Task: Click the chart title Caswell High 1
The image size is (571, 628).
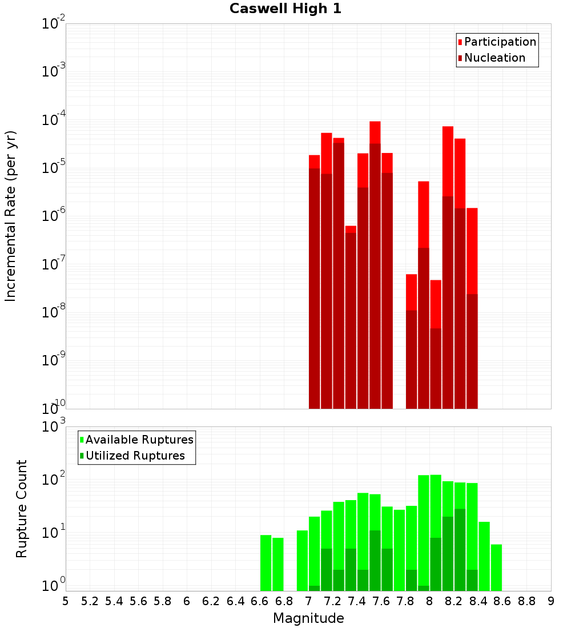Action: tap(285, 9)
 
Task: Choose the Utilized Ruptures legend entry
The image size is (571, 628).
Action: tap(135, 456)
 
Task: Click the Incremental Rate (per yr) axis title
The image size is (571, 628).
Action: tap(11, 216)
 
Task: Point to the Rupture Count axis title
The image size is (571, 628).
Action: tap(22, 509)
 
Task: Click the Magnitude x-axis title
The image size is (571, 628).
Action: tap(308, 618)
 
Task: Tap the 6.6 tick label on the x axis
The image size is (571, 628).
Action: tap(260, 601)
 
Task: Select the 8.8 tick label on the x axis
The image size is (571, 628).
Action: tap(527, 601)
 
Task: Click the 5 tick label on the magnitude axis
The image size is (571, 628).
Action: tap(66, 601)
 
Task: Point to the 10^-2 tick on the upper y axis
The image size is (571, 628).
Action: tap(54, 24)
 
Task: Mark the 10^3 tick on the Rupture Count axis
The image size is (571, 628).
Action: tap(54, 427)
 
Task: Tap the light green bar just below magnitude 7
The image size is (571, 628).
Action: tap(302, 560)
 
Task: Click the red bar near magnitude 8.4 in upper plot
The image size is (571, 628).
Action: tap(472, 251)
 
